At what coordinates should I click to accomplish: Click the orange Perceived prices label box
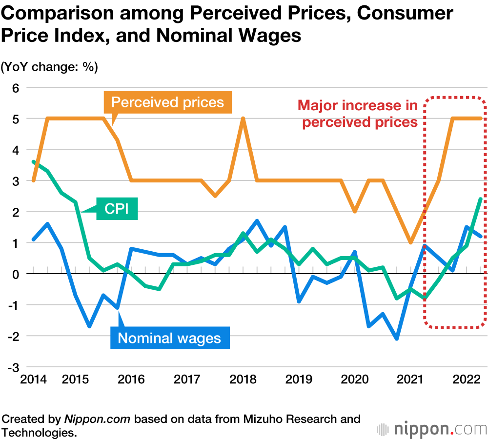pyautogui.click(x=167, y=102)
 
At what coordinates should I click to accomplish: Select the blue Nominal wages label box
pyautogui.click(x=169, y=338)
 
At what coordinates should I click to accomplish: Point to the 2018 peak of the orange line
pyautogui.click(x=243, y=119)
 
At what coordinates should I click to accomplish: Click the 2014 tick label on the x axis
pyautogui.click(x=33, y=379)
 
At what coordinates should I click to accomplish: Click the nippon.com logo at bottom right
pyautogui.click(x=431, y=429)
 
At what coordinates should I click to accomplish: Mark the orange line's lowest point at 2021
pyautogui.click(x=411, y=242)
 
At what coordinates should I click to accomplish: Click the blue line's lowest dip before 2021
pyautogui.click(x=397, y=339)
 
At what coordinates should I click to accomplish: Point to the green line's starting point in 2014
pyautogui.click(x=33, y=161)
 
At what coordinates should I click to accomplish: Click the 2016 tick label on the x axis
pyautogui.click(x=131, y=379)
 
